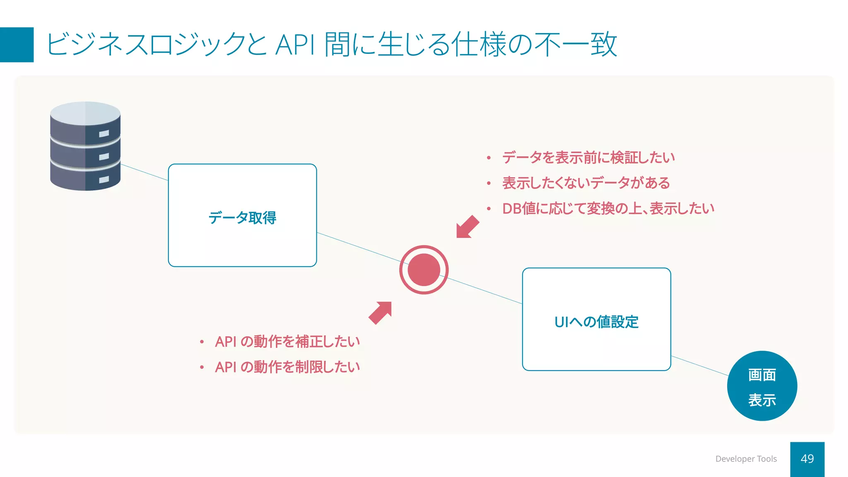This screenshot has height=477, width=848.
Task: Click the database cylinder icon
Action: [x=85, y=146]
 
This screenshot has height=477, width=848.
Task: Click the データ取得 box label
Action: [x=242, y=217]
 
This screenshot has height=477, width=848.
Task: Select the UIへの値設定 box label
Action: [x=596, y=322]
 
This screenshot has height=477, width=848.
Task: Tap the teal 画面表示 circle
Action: [x=762, y=386]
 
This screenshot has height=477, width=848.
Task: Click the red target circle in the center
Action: [x=424, y=270]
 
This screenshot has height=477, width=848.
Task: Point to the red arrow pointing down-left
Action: [x=467, y=227]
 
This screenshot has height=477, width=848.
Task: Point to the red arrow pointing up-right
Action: [x=381, y=313]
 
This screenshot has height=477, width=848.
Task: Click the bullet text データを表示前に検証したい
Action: [x=588, y=157]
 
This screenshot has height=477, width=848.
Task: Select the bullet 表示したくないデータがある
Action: [x=585, y=183]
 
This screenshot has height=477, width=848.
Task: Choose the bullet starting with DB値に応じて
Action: [x=608, y=208]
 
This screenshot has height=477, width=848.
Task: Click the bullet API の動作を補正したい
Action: [x=287, y=342]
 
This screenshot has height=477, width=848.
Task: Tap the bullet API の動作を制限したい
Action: [x=287, y=367]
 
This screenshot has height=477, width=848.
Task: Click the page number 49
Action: [x=807, y=459]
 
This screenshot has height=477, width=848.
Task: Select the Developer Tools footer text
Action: [x=746, y=459]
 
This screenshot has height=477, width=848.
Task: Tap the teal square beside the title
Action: [x=17, y=45]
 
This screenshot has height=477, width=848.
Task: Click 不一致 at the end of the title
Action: [x=576, y=45]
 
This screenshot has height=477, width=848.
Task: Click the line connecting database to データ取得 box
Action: [x=144, y=172]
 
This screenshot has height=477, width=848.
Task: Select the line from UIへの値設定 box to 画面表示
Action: [x=700, y=366]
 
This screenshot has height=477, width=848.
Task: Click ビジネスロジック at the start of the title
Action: [x=145, y=45]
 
